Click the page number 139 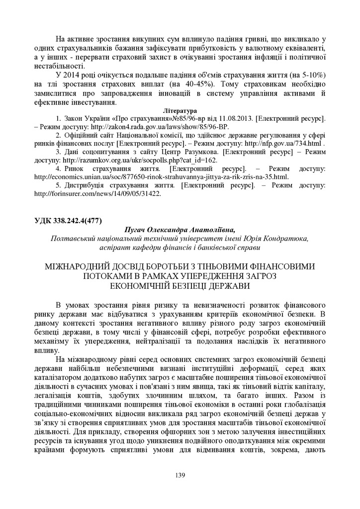[180, 476]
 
